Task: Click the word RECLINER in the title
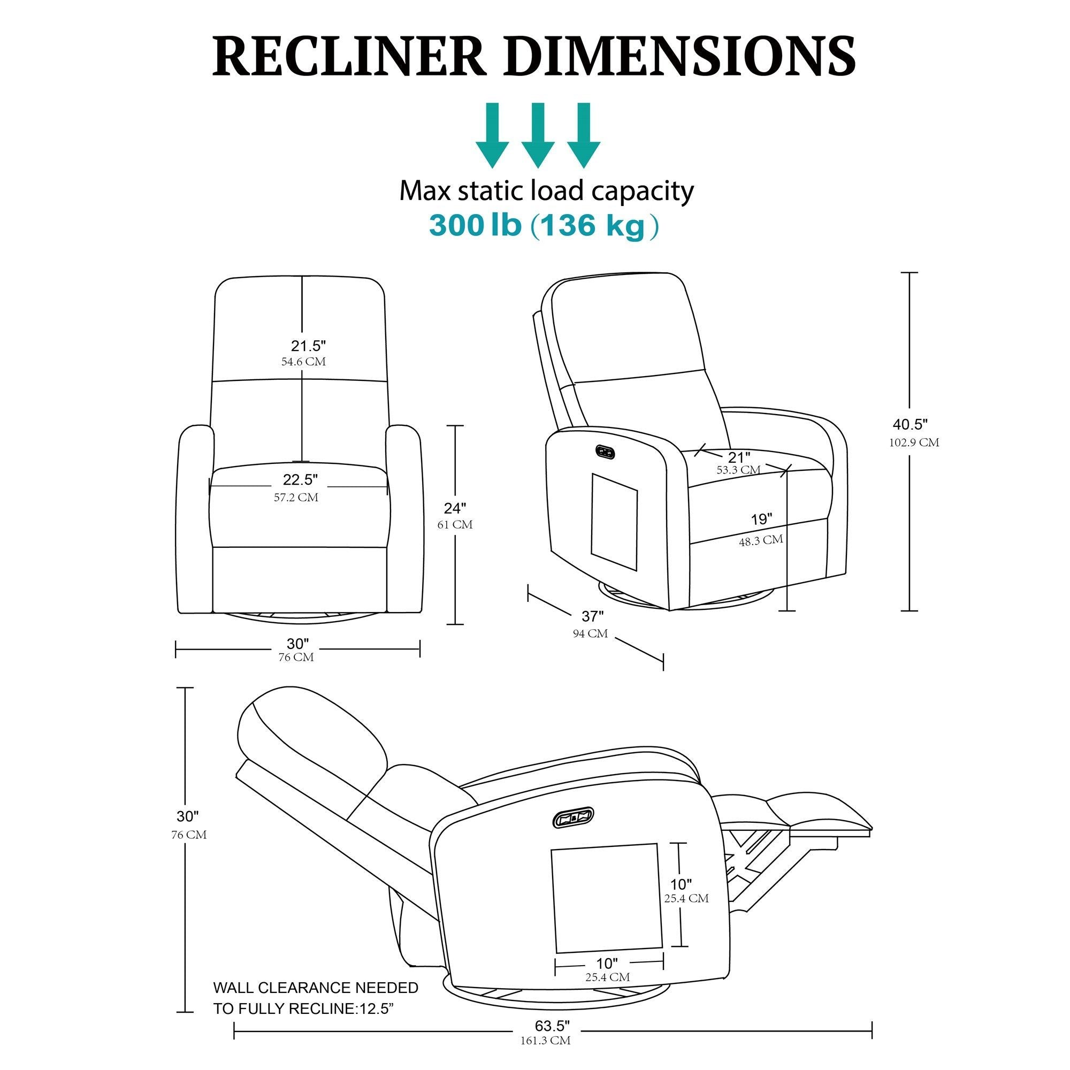pos(349,57)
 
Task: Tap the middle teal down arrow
pos(538,135)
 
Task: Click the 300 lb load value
pos(475,226)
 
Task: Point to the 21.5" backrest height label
pos(309,346)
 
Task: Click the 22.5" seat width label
pos(300,478)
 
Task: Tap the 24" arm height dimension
pos(455,508)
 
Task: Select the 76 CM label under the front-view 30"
pos(296,658)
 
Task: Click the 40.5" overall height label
pos(910,425)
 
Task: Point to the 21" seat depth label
pos(739,457)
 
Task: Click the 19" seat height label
pos(761,519)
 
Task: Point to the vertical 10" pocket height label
pos(681,884)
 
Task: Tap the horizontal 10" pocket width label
pos(607,964)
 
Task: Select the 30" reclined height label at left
pos(188,816)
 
